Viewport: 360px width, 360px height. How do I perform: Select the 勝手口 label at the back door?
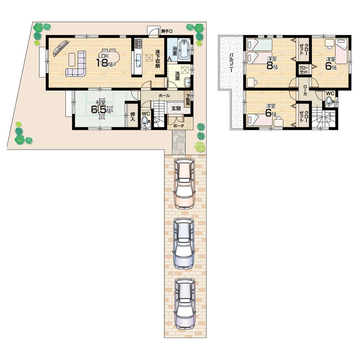[167, 31]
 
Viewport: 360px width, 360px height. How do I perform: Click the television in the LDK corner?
[60, 48]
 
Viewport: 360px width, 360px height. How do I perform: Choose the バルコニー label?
[230, 63]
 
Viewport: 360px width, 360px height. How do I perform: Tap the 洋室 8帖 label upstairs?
[272, 62]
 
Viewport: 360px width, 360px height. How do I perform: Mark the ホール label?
[164, 96]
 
